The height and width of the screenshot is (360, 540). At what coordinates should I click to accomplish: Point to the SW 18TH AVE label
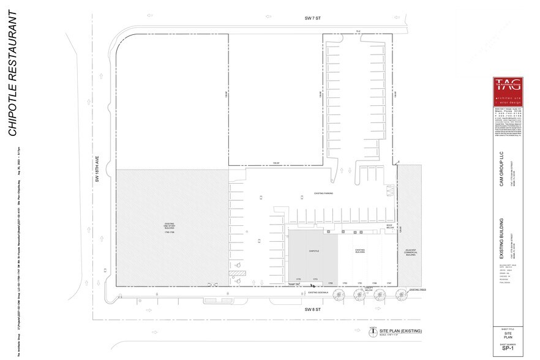click(x=97, y=170)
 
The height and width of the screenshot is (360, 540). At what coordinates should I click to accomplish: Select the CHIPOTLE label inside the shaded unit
click(x=313, y=251)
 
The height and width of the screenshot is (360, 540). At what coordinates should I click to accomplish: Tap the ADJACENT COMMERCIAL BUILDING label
click(x=409, y=253)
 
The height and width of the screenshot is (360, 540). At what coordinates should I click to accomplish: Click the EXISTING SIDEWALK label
click(x=318, y=293)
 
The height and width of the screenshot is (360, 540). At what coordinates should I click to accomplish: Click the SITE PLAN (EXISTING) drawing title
click(x=400, y=331)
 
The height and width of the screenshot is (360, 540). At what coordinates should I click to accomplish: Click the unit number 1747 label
click(x=389, y=282)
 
